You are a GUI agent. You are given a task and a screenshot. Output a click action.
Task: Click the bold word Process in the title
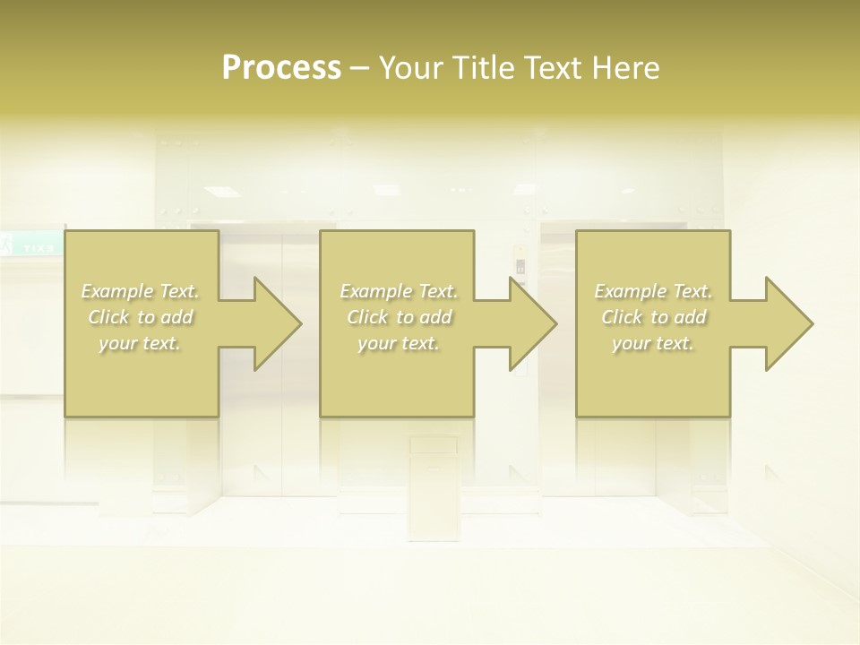[281, 67]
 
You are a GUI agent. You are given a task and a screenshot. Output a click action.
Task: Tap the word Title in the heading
[479, 67]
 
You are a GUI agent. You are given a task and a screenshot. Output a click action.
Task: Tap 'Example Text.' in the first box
[141, 291]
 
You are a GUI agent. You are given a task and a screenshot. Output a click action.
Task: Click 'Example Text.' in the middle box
[399, 291]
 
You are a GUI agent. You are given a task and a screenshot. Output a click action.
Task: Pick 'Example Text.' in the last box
[653, 291]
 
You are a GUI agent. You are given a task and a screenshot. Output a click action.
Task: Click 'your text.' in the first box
[141, 343]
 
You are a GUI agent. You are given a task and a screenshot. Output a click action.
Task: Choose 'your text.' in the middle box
[399, 343]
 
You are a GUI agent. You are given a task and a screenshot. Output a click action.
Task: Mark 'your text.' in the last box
[653, 343]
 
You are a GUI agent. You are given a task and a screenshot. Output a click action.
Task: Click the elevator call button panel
[520, 267]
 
